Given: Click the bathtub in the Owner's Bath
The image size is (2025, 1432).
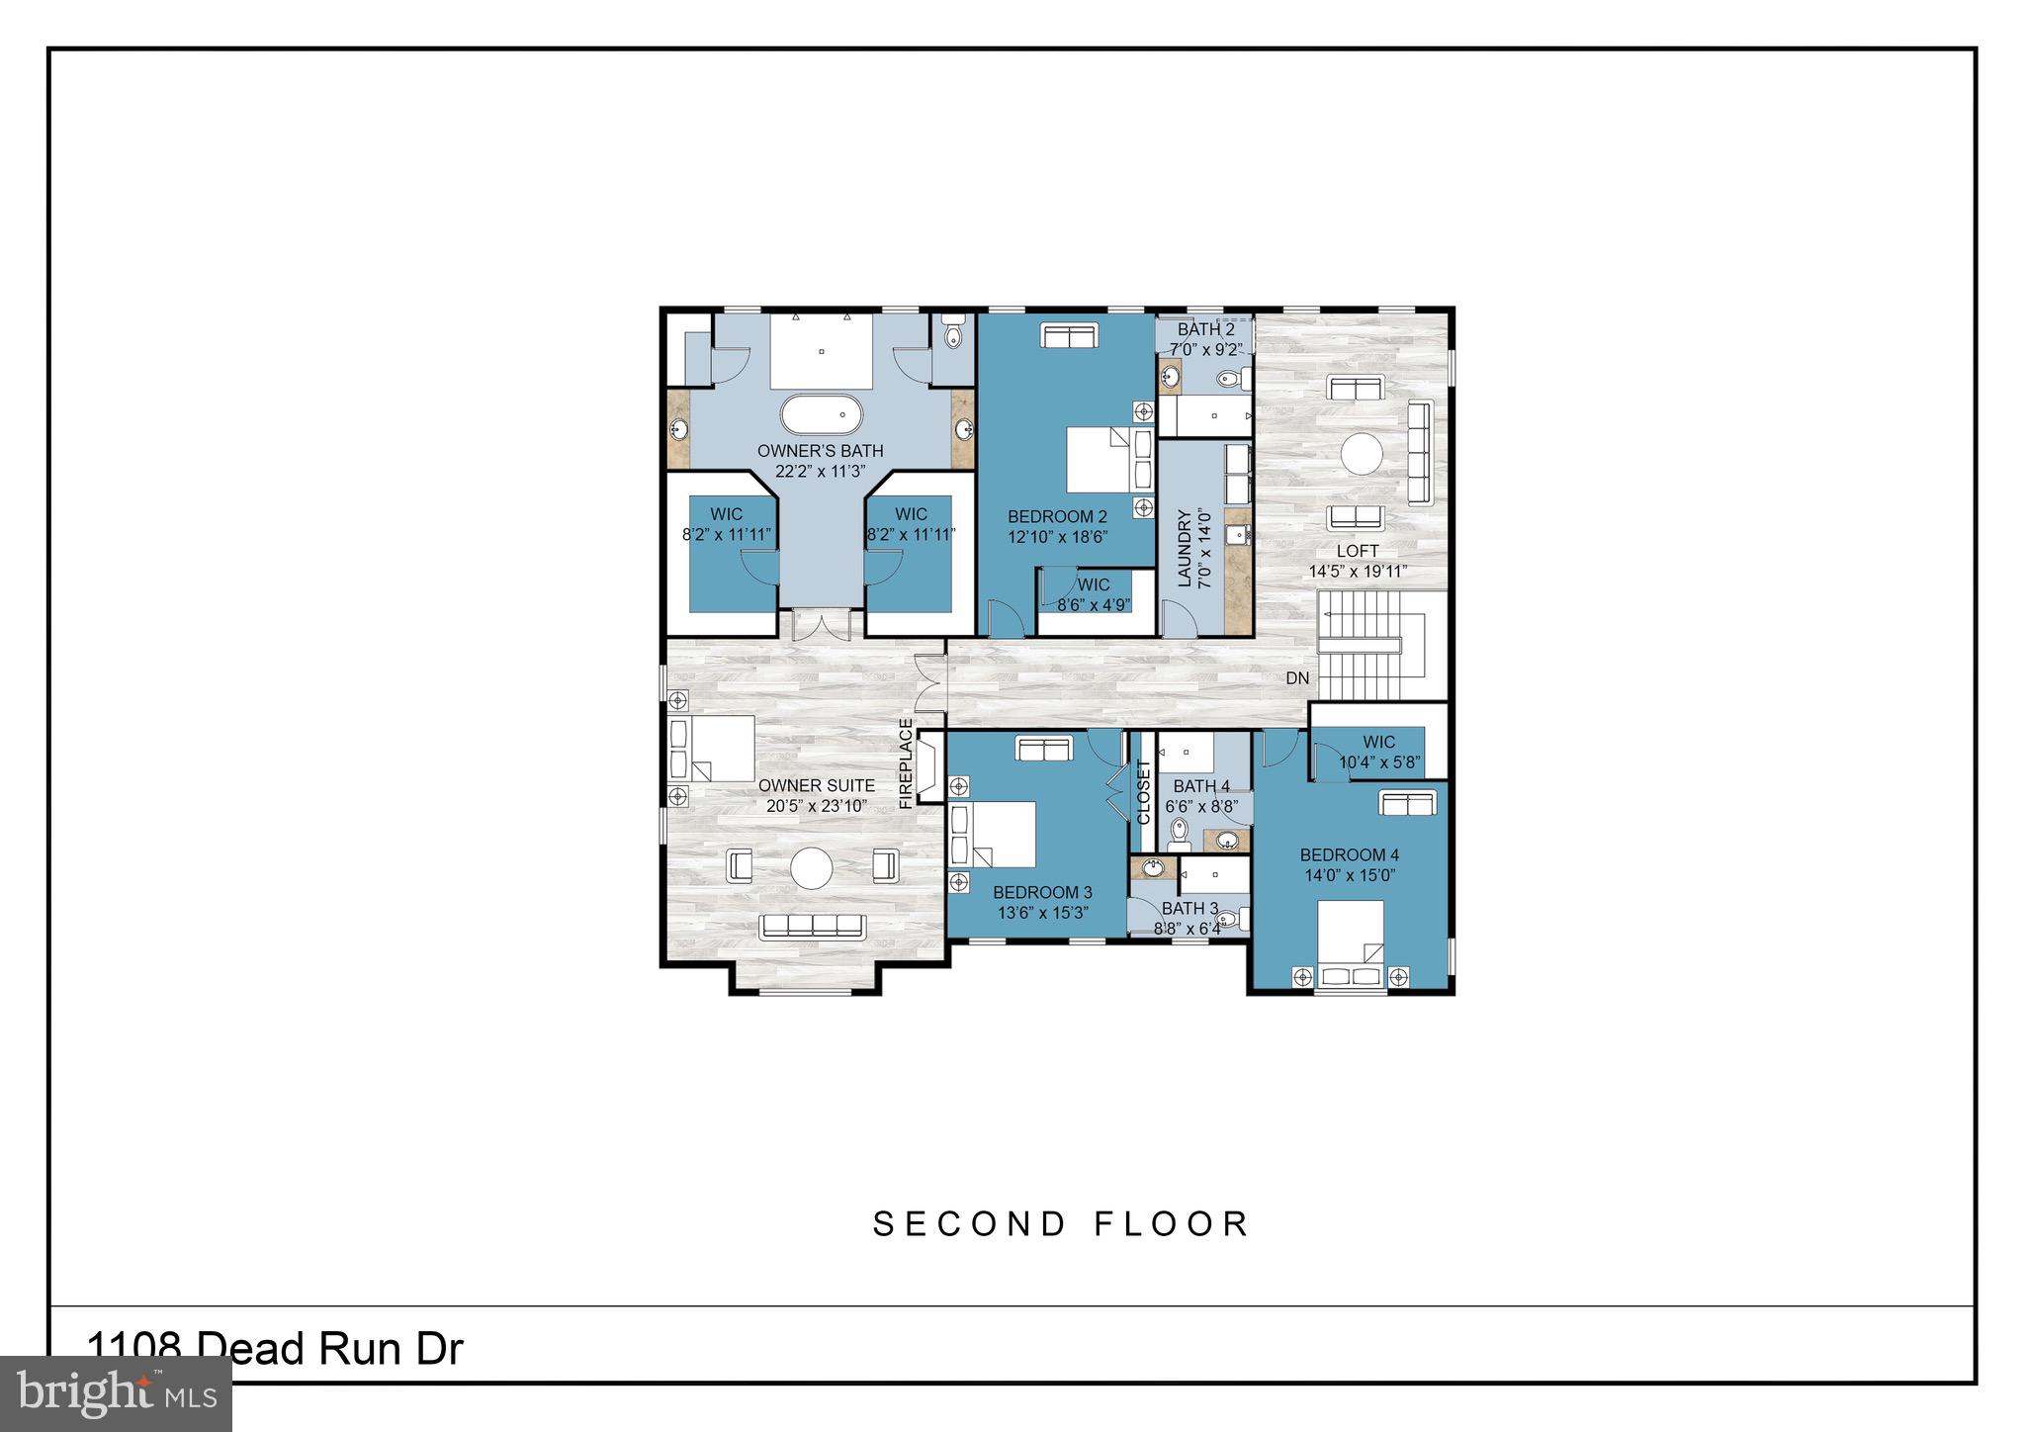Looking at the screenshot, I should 821,415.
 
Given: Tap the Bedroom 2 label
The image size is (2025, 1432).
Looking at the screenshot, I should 1057,516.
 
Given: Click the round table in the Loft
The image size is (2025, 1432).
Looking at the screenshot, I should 1361,456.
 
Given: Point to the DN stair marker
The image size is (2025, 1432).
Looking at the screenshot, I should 1297,678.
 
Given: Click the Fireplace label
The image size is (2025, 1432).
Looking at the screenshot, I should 906,763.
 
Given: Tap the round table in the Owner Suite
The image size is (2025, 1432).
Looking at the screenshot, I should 811,868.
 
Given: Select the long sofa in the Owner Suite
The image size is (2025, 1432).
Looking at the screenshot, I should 812,927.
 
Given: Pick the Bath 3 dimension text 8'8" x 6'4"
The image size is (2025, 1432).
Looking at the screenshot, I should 1188,929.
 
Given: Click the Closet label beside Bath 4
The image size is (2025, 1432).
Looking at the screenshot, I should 1144,791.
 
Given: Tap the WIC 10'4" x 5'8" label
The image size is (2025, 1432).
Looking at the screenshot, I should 1379,762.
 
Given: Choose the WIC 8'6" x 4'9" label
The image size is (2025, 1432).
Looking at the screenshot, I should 1093,604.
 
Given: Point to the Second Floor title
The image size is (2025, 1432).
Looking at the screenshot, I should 1061,1224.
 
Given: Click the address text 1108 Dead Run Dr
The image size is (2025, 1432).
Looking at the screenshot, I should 275,1349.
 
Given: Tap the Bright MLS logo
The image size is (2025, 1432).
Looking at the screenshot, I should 116,1393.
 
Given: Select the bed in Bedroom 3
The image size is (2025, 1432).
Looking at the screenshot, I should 999,833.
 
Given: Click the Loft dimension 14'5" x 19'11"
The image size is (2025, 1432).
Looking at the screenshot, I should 1358,572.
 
